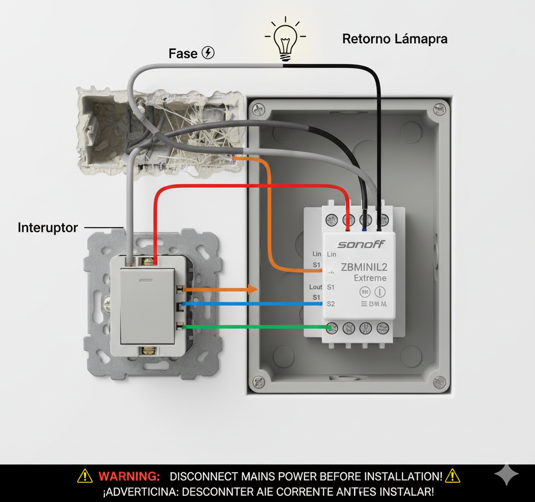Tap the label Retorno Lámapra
[x=395, y=39]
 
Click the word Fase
[x=183, y=53]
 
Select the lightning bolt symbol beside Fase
[x=208, y=53]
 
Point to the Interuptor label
[x=48, y=228]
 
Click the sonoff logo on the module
[x=361, y=244]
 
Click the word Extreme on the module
[x=370, y=278]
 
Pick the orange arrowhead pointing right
[x=252, y=289]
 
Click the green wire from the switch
[x=253, y=327]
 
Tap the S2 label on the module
[x=331, y=304]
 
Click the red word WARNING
[x=129, y=476]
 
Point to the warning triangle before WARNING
[x=85, y=476]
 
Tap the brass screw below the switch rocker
[x=148, y=350]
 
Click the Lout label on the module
[x=316, y=287]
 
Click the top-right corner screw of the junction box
[x=438, y=108]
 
